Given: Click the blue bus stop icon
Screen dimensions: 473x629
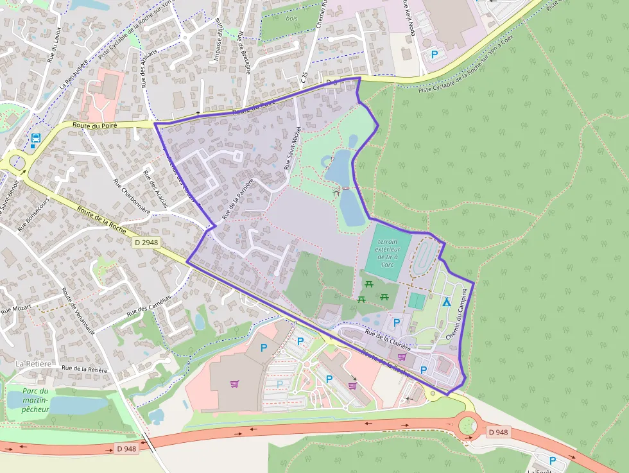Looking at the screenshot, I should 35,139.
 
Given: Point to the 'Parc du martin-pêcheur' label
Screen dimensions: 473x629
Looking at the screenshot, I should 35,400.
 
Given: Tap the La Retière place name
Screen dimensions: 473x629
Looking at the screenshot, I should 33,364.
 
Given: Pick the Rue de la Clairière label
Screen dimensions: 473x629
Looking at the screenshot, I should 388,339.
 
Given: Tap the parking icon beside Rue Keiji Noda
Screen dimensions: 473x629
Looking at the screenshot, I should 435,55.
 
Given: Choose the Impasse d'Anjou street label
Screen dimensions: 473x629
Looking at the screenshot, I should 217,40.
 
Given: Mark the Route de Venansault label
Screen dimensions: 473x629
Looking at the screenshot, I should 78,311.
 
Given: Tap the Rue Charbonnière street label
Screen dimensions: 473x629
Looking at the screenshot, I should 131,195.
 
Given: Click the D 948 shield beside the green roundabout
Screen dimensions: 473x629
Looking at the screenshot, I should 497,432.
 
